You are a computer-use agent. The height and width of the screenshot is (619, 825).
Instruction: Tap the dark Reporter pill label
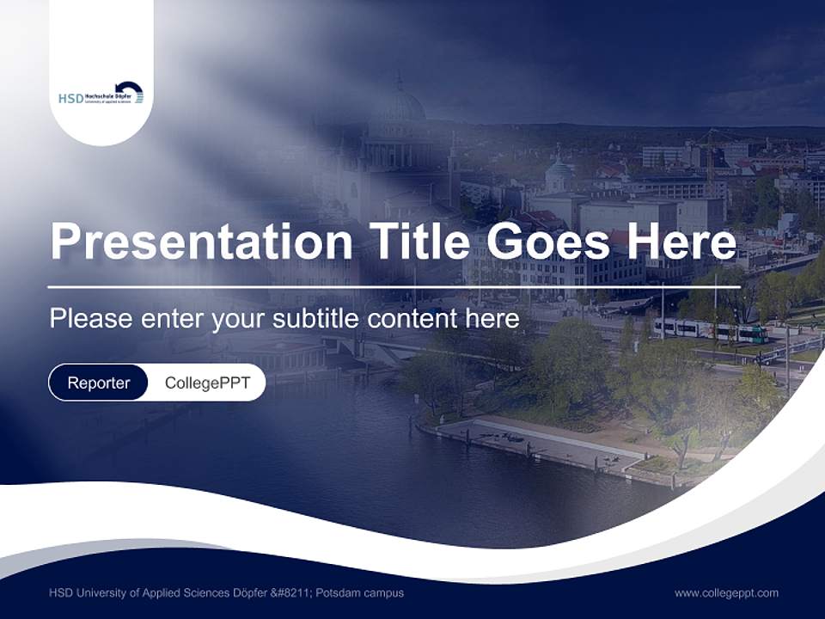click(x=99, y=383)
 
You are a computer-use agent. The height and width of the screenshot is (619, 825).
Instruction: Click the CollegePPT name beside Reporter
click(x=207, y=383)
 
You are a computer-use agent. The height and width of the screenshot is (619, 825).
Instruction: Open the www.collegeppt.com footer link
click(x=726, y=592)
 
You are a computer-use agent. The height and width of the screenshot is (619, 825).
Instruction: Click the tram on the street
click(x=709, y=329)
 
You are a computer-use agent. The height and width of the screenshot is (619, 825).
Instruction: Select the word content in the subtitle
click(x=407, y=319)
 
